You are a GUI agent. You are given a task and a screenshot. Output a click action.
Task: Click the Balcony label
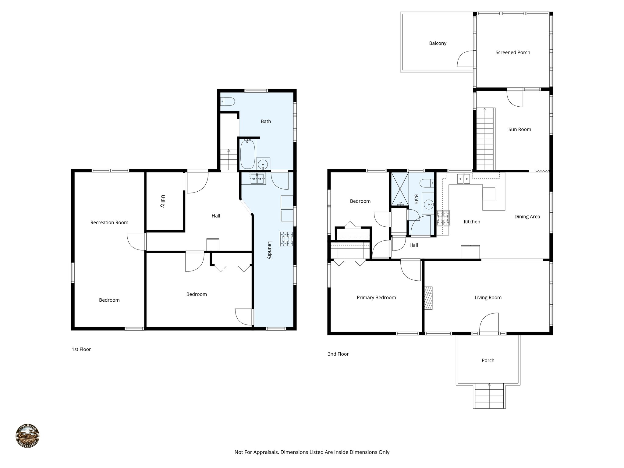[438, 43]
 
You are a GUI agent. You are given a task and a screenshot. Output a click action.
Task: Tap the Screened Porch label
[512, 52]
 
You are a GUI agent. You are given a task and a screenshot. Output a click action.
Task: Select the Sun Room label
[519, 129]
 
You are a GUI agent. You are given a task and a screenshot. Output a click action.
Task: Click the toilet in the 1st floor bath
[228, 101]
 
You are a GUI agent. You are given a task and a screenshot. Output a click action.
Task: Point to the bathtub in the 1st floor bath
[247, 154]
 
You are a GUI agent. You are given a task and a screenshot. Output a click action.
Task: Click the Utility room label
[163, 201]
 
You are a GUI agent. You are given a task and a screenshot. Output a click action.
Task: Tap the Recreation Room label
[109, 222]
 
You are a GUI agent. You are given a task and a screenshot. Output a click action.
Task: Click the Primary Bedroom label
[376, 297]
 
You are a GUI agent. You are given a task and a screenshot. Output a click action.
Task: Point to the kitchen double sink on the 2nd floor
[463, 179]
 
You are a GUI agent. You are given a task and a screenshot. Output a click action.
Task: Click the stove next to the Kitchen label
[443, 218]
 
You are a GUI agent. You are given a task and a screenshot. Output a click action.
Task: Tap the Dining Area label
[527, 217]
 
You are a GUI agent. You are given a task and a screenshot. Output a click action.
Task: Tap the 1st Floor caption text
[81, 349]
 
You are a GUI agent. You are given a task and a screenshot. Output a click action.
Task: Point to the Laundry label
[269, 250]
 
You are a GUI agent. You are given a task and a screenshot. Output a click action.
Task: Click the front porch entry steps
[489, 396]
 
